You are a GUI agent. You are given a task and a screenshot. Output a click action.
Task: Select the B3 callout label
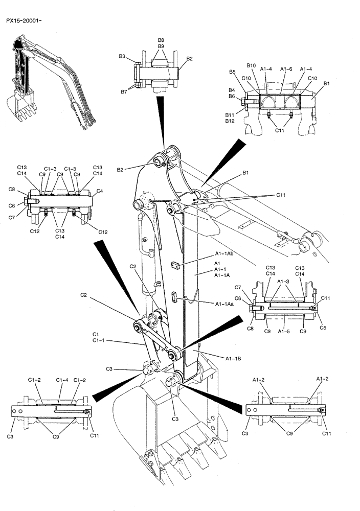(x=123, y=56)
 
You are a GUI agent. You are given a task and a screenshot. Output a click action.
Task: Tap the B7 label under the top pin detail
(x=124, y=92)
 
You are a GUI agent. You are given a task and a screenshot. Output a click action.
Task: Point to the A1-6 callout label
(x=286, y=69)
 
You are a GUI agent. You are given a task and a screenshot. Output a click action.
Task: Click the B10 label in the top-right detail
(x=251, y=66)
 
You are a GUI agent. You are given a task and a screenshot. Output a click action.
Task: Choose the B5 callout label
(x=232, y=72)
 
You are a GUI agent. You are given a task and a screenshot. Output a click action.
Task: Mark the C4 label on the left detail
(x=100, y=191)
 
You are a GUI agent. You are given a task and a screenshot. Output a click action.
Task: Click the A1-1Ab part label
(x=224, y=254)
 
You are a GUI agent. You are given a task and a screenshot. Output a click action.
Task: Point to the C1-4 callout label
(x=62, y=380)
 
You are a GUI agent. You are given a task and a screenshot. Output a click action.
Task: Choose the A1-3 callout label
(x=284, y=281)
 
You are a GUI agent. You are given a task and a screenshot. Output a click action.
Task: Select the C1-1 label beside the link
(x=100, y=340)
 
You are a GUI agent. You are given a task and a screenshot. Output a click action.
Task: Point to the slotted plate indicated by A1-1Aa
(x=174, y=296)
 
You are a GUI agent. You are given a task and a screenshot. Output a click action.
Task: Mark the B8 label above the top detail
(x=161, y=40)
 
